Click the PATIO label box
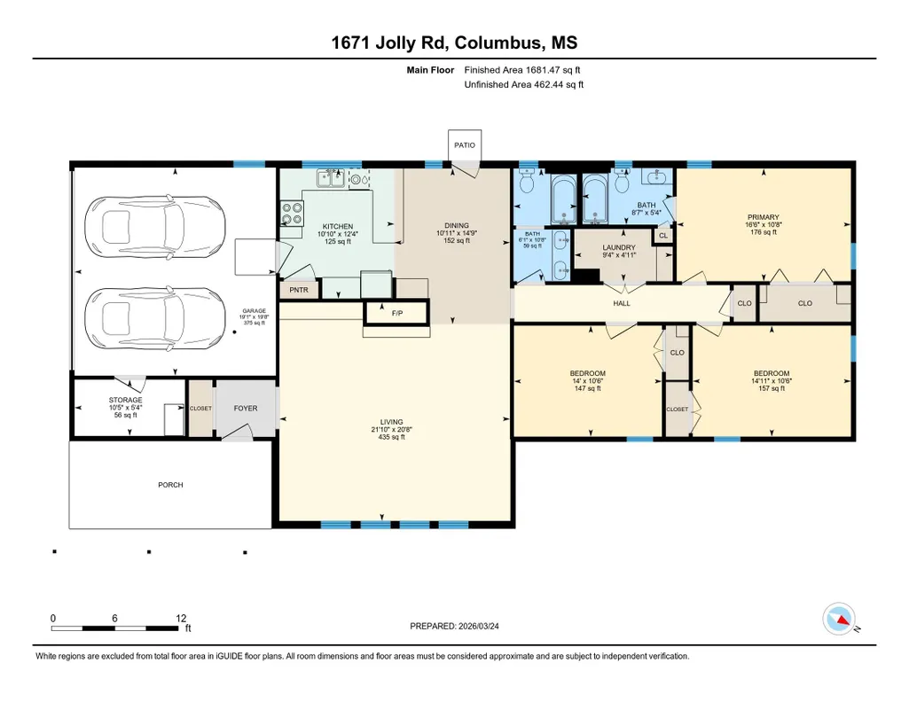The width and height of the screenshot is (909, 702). (465, 145)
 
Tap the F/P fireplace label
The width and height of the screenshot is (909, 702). (397, 314)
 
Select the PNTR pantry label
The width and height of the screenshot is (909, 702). (299, 290)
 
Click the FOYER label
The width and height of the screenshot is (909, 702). (246, 409)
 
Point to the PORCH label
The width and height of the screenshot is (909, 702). (170, 485)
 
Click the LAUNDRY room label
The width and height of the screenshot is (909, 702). (619, 247)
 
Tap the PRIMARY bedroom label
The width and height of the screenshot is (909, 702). (764, 217)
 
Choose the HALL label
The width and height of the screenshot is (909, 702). (622, 303)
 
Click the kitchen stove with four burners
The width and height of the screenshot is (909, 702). (292, 213)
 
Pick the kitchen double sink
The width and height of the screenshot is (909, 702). (331, 178)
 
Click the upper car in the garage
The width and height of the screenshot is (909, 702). (155, 227)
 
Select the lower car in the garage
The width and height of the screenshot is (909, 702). (155, 318)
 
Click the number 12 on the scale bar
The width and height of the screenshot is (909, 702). (181, 618)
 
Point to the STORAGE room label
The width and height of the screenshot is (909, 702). (125, 401)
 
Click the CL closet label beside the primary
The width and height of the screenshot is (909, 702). (663, 236)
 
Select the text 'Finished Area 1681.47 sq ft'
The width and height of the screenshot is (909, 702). (522, 70)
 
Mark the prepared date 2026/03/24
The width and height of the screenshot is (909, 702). (478, 626)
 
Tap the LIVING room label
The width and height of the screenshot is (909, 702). (391, 422)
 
